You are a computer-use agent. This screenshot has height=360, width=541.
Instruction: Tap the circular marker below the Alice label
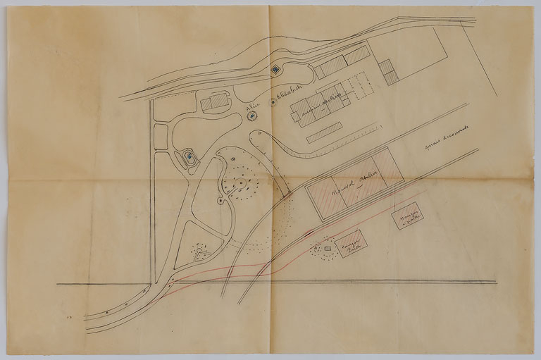point(252,116)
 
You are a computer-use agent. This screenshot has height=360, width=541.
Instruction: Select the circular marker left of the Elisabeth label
point(273,103)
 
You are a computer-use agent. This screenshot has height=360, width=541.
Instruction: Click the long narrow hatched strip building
point(324,132)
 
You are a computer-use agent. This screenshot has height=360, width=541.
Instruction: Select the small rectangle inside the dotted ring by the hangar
point(327,249)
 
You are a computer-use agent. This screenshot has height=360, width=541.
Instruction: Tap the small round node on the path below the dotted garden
point(220,201)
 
